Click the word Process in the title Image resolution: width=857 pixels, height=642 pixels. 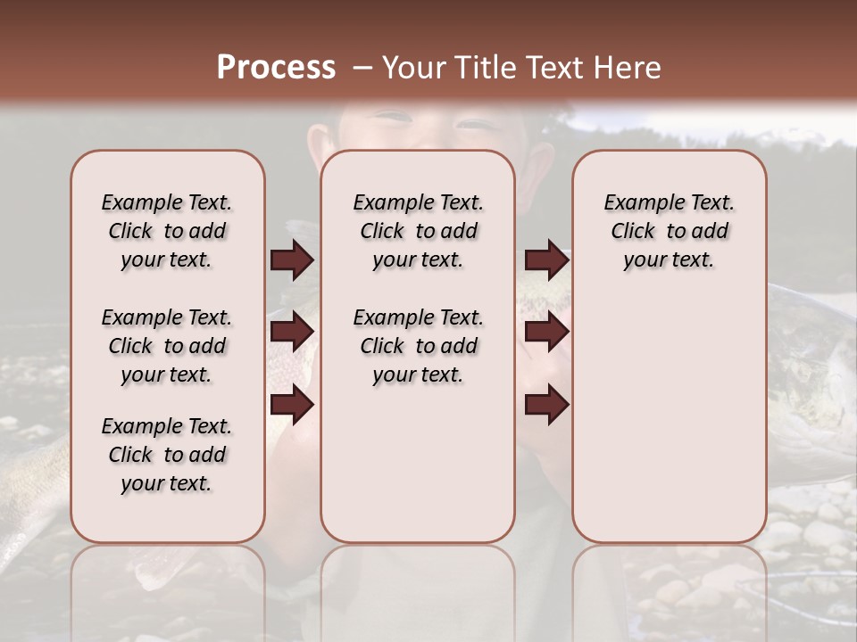(275, 68)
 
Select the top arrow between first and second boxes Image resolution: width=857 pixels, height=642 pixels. (292, 259)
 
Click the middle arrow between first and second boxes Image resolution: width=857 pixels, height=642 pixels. (292, 332)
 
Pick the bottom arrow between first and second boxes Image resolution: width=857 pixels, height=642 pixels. (292, 405)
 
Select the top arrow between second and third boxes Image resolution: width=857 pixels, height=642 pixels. (546, 259)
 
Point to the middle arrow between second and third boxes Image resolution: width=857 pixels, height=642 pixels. (546, 332)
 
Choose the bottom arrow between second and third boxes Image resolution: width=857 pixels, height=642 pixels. (546, 405)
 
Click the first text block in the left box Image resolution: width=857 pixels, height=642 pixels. (167, 231)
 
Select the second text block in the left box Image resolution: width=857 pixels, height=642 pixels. (167, 346)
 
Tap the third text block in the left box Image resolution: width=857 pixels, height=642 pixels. (167, 455)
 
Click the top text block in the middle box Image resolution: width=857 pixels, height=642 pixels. (418, 231)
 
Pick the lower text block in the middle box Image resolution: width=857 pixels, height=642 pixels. (418, 346)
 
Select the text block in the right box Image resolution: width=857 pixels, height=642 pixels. (669, 231)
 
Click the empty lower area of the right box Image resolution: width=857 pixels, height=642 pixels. (669, 419)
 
